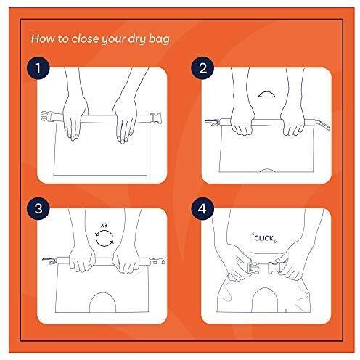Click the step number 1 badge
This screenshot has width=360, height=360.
pos(38,67)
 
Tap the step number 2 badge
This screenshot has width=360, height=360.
pos(202,68)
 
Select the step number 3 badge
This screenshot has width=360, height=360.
pos(38,208)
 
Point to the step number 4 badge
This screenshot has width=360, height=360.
pos(202,208)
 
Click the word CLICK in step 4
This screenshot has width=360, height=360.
pos(264,238)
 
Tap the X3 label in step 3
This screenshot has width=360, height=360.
pos(104,226)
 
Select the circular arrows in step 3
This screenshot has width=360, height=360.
pos(105,238)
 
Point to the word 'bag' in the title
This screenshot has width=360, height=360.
pos(159,39)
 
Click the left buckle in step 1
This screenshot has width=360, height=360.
pos(47,117)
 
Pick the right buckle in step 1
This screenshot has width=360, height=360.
pos(156,118)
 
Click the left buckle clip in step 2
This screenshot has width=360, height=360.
pos(212,122)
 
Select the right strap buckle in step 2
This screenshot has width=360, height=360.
pos(324,124)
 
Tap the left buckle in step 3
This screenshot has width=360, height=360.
pos(49,261)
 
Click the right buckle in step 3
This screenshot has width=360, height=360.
pos(158,261)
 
